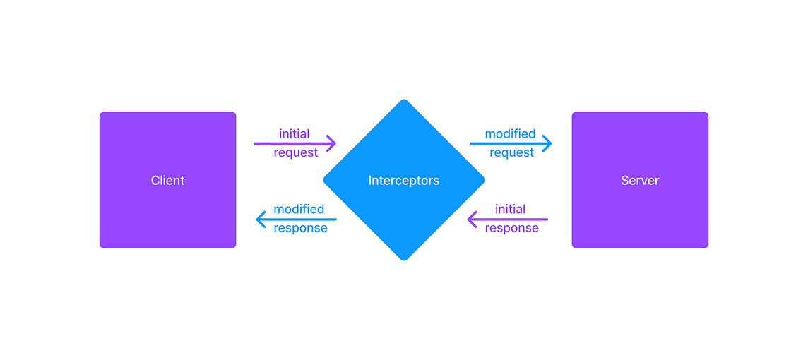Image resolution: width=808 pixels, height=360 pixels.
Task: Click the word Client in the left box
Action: click(167, 181)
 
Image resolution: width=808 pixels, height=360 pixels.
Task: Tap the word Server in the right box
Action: click(640, 181)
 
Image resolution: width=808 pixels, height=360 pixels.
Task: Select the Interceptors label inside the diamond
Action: click(403, 181)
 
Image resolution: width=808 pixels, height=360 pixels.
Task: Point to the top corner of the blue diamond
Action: click(404, 101)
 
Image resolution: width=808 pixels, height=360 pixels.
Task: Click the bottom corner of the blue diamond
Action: click(404, 258)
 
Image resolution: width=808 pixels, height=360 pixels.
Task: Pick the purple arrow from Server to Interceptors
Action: click(509, 220)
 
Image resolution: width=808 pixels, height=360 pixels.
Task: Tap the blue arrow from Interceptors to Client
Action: click(297, 220)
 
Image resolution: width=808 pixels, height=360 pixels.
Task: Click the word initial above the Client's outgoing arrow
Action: click(295, 133)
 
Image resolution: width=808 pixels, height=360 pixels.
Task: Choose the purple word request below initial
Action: click(296, 152)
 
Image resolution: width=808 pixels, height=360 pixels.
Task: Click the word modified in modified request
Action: click(510, 133)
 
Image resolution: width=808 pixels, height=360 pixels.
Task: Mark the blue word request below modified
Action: click(511, 152)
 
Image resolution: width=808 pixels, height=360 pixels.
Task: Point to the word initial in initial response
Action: click(510, 209)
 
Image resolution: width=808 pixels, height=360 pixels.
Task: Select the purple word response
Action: click(511, 228)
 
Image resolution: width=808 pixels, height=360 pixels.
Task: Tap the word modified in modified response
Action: click(299, 209)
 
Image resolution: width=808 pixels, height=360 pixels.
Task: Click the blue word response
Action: click(300, 228)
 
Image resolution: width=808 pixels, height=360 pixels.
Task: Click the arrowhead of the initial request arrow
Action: click(331, 143)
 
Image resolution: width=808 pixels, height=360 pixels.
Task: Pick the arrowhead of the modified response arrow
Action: click(261, 220)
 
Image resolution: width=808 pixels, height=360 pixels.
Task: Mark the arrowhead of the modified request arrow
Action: click(547, 143)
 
